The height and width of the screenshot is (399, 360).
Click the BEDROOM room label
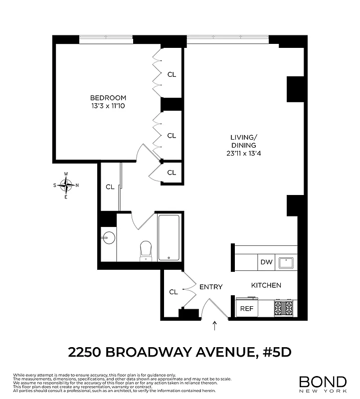[x=108, y=98]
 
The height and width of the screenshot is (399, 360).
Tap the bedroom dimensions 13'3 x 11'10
[x=108, y=106]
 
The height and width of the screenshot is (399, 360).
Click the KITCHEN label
[x=266, y=285]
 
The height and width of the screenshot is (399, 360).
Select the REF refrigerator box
[x=247, y=308]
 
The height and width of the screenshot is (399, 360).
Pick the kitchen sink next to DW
[x=286, y=261]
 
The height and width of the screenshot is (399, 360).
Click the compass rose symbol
[x=66, y=185]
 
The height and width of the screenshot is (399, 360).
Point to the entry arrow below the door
[x=215, y=326]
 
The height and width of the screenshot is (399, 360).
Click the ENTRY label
[x=211, y=287]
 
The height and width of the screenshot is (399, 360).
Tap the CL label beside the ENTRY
[x=174, y=292]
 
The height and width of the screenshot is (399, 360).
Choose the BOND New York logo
[x=323, y=383]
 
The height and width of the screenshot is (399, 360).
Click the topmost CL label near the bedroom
[x=172, y=75]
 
